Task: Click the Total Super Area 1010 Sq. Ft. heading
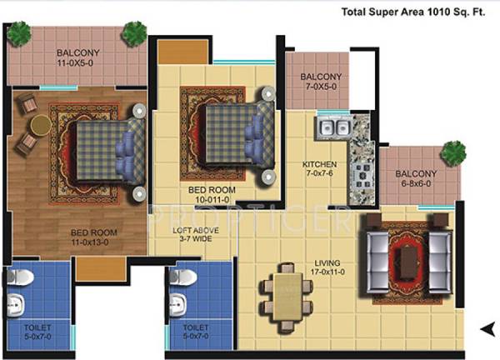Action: point(417,12)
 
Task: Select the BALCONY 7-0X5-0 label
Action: point(319,80)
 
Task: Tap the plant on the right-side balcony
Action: point(454,152)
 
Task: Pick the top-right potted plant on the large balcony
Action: point(133,33)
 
